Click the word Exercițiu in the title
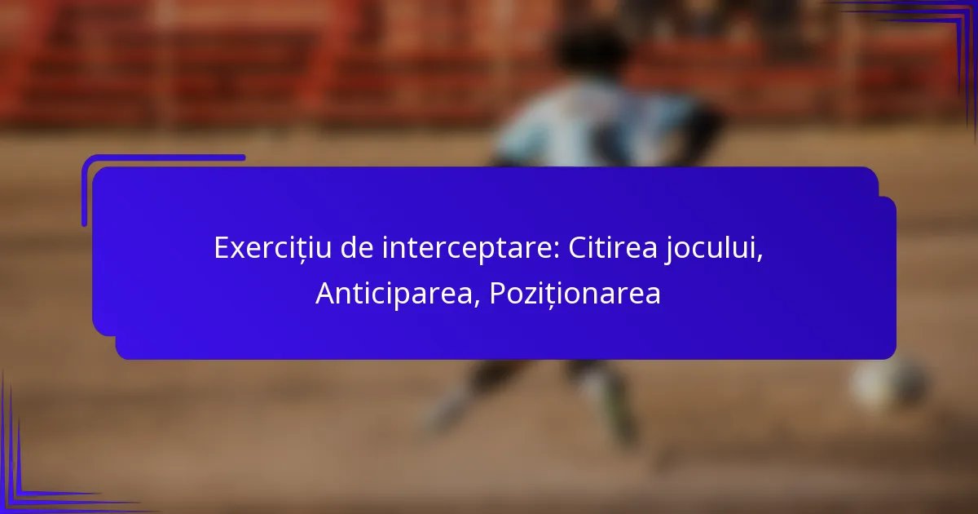(x=272, y=249)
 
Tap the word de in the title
(x=357, y=248)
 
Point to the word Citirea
(x=613, y=248)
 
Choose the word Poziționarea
(x=575, y=295)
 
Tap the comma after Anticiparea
(x=478, y=304)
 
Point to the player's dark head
(x=589, y=48)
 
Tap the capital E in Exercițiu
(x=222, y=248)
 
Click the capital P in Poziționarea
(x=498, y=293)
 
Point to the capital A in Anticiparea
(x=326, y=293)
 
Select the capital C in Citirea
(x=578, y=248)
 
